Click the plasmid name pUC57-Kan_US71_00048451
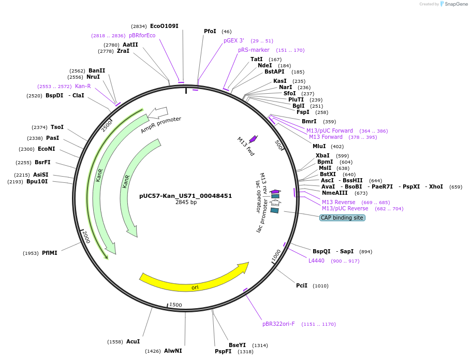185,196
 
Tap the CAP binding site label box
342,218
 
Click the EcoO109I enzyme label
165,26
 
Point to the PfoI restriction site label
210,32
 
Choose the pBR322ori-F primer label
278,324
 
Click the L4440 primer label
316,261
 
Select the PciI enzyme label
302,285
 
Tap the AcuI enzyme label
133,341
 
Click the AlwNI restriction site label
173,351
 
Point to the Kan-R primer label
83,86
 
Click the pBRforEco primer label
142,35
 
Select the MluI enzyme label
320,146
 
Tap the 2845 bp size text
186,203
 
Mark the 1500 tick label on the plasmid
175,305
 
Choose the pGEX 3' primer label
234,40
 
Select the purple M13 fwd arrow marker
253,138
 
